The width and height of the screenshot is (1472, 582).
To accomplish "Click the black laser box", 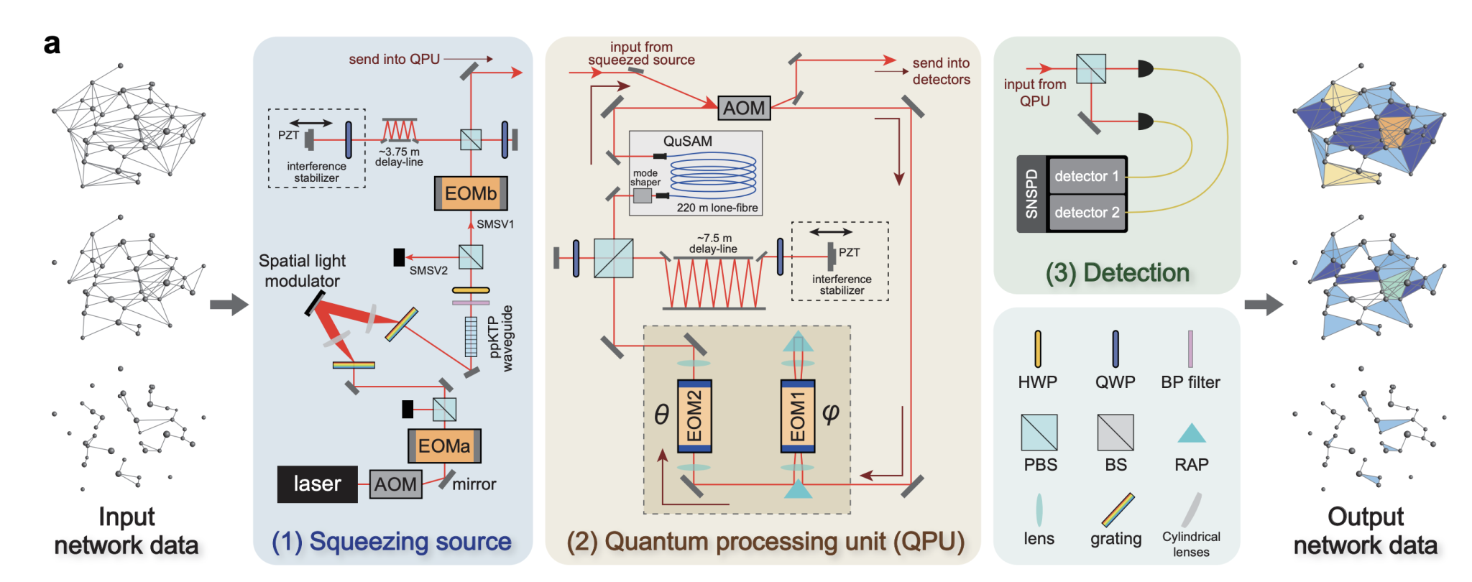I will [317, 484].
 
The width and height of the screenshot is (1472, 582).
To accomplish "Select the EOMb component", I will [471, 193].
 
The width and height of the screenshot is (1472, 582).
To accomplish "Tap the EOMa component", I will [444, 446].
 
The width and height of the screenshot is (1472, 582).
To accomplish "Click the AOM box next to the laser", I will [395, 484].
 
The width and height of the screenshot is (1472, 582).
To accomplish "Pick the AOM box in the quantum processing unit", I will [744, 108].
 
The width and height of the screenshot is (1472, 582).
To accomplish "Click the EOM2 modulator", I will [694, 416].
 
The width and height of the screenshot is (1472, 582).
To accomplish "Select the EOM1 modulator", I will [798, 416].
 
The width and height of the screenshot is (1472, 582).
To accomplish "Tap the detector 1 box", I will [1086, 177].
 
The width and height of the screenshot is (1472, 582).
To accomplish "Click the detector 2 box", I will [1086, 213].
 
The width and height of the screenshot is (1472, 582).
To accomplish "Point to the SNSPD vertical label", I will [1031, 194].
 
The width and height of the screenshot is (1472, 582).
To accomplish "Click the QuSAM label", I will [688, 142].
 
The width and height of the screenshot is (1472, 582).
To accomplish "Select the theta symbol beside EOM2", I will [661, 415].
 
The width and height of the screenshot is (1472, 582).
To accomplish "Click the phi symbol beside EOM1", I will [831, 413].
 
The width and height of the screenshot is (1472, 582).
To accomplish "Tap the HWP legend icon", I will [1038, 349].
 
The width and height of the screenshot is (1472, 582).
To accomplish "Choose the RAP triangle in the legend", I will [1192, 433].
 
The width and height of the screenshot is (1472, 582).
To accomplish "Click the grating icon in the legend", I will [1118, 509].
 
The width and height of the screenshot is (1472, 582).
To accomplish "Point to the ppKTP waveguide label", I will [500, 338].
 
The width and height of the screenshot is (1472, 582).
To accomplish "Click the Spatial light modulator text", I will [302, 271].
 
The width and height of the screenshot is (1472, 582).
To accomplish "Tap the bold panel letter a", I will [52, 45].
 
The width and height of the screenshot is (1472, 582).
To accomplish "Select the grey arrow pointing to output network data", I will [1264, 305].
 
